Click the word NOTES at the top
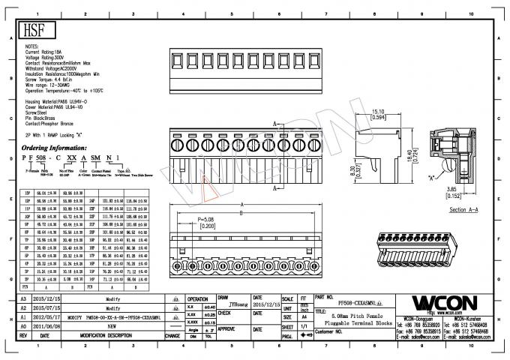32,46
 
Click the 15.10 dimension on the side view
379,112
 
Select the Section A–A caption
463,210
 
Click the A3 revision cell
22,298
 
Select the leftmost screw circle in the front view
177,142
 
